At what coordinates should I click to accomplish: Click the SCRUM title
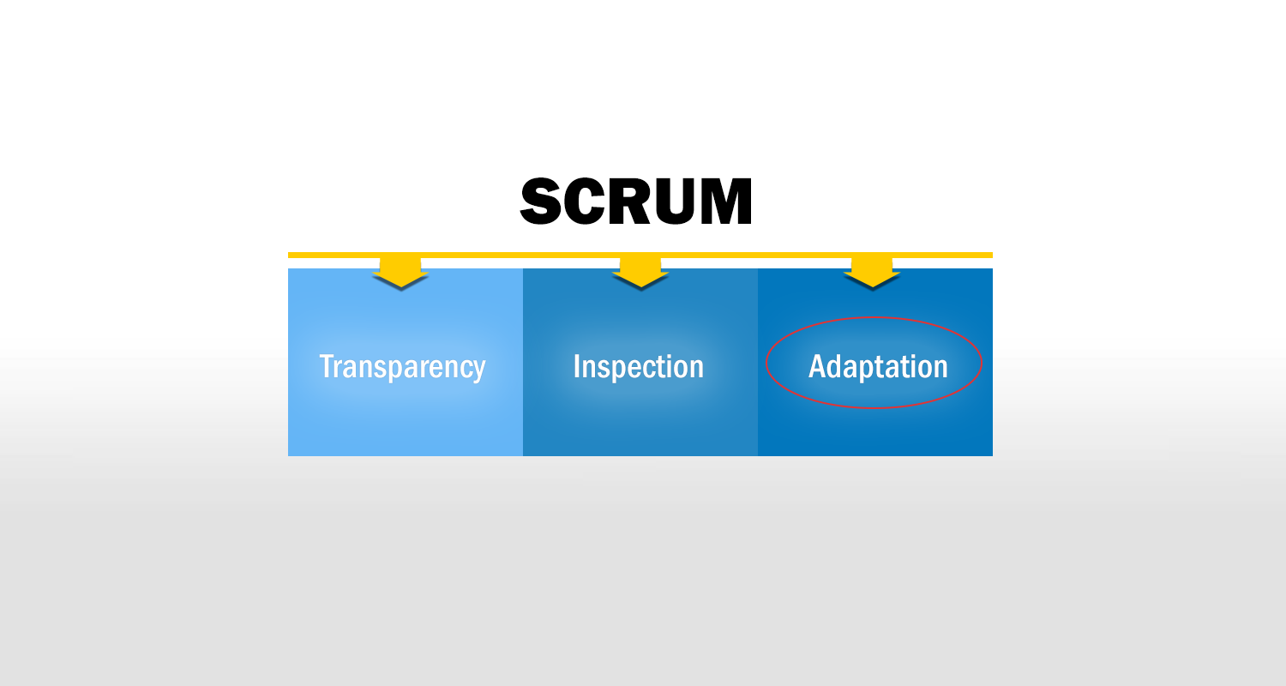pos(636,201)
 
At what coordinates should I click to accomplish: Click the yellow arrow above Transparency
pos(400,272)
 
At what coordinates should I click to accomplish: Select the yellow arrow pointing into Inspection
pos(640,272)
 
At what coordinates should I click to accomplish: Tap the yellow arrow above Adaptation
pos(872,272)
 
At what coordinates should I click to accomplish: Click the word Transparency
pos(402,368)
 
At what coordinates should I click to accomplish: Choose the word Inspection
pos(639,367)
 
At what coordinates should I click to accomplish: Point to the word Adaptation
pos(878,367)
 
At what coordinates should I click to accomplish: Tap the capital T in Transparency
pos(328,365)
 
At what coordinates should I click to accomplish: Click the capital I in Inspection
pos(576,365)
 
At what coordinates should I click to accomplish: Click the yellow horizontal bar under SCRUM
pos(640,255)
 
